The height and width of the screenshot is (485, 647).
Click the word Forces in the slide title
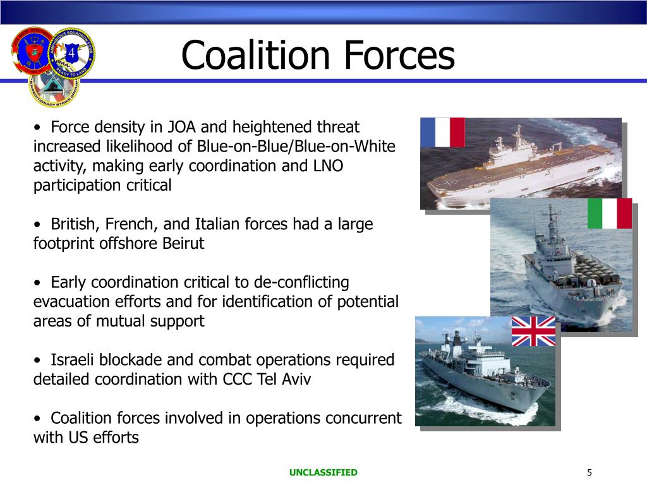click(x=399, y=55)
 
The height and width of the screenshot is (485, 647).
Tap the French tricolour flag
click(x=442, y=132)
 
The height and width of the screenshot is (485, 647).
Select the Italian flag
click(x=609, y=213)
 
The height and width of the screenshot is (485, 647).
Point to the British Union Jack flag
click(x=533, y=331)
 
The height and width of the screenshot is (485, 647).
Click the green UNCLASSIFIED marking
click(x=323, y=472)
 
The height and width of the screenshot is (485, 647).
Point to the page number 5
click(x=589, y=472)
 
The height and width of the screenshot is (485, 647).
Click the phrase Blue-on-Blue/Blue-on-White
click(x=296, y=147)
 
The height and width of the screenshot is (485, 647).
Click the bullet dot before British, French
click(x=39, y=225)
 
